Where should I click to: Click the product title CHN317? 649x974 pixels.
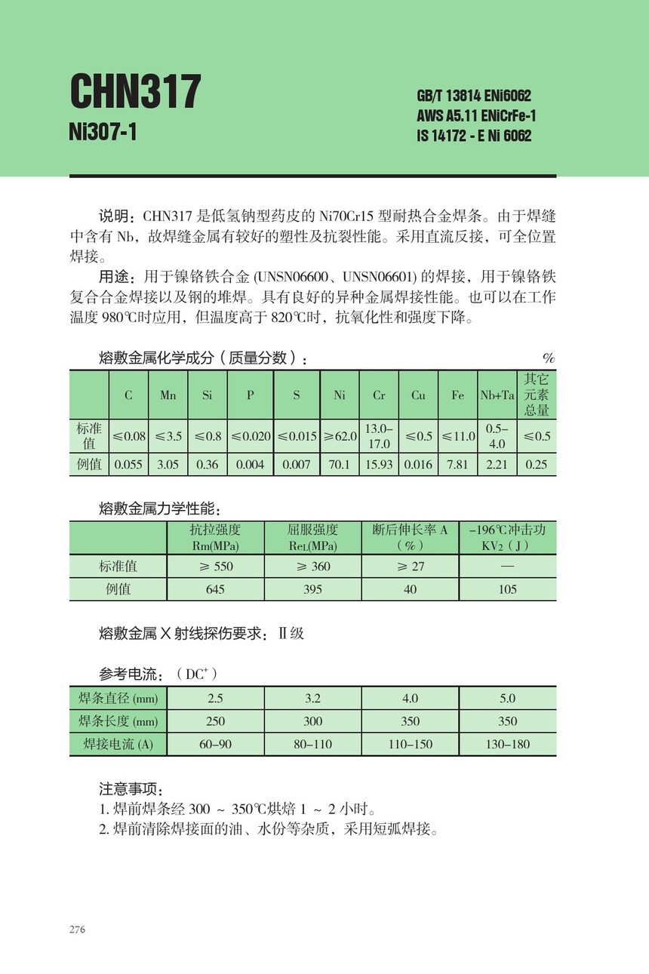pyautogui.click(x=135, y=92)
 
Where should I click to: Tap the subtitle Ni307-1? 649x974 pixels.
pyautogui.click(x=103, y=132)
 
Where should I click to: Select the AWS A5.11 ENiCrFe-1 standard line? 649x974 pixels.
pyautogui.click(x=476, y=116)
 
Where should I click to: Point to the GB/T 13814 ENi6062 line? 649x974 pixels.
pyautogui.click(x=473, y=96)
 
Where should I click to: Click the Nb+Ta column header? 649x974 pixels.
pyautogui.click(x=497, y=395)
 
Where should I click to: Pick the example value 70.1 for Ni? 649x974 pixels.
pyautogui.click(x=340, y=465)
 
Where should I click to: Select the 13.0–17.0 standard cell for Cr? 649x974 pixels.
pyautogui.click(x=378, y=436)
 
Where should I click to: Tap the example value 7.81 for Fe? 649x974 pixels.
pyautogui.click(x=457, y=465)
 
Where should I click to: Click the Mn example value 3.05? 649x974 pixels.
pyautogui.click(x=168, y=465)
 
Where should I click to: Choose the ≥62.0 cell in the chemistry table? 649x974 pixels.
pyautogui.click(x=340, y=436)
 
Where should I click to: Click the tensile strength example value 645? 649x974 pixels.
pyautogui.click(x=215, y=589)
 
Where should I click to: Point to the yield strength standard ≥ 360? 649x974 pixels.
pyautogui.click(x=312, y=566)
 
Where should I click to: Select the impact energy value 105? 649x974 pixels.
pyautogui.click(x=507, y=589)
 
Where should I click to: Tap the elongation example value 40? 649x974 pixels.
pyautogui.click(x=410, y=589)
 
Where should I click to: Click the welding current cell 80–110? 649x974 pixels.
pyautogui.click(x=312, y=744)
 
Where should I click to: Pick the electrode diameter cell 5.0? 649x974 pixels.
pyautogui.click(x=507, y=699)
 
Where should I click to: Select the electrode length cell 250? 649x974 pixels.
pyautogui.click(x=215, y=721)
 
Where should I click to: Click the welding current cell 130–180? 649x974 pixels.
pyautogui.click(x=507, y=744)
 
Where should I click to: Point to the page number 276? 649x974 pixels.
pyautogui.click(x=77, y=929)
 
